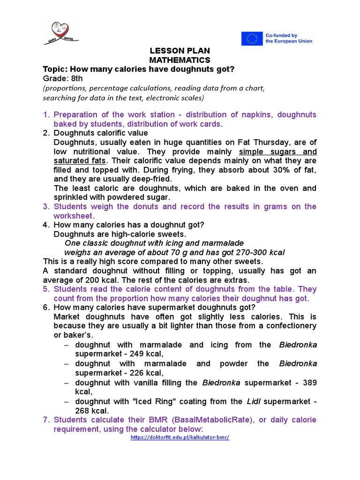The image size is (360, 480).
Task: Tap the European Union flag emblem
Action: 252,38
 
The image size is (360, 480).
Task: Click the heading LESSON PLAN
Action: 180,51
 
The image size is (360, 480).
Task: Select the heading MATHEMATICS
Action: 180,60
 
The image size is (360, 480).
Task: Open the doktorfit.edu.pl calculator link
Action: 180,437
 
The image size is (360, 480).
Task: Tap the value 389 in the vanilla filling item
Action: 310,382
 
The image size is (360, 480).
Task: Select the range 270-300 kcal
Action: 252,252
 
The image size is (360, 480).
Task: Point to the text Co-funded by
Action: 281,35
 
